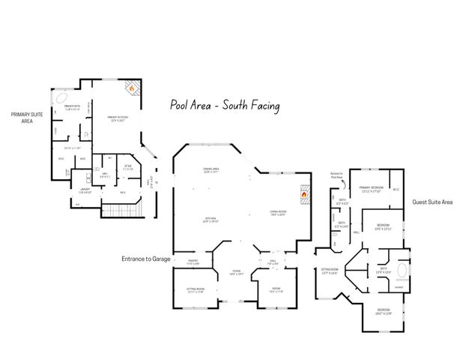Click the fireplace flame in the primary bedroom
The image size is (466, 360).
point(131,88)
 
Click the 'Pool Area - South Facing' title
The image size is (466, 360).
point(225,106)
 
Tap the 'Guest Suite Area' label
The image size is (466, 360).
point(432,202)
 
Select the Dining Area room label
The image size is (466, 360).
point(200,170)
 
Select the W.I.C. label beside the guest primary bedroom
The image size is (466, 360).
point(396,189)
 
